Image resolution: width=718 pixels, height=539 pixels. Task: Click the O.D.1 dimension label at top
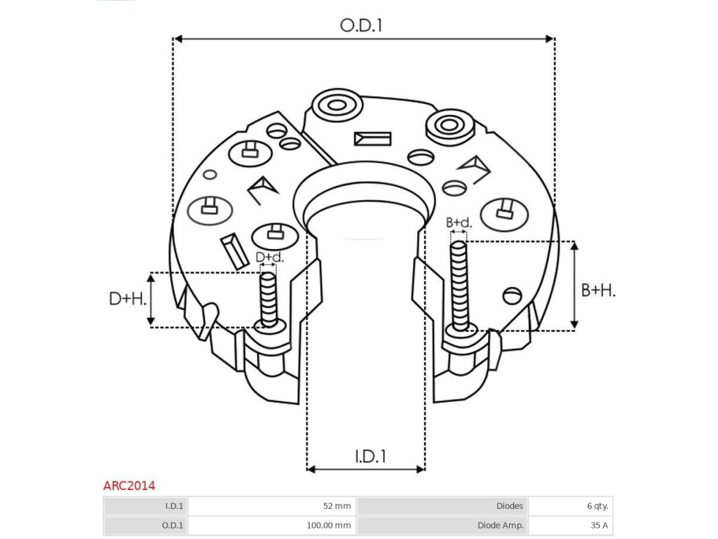[x=363, y=26]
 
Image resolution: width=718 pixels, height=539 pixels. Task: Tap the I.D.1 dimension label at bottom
[x=370, y=456]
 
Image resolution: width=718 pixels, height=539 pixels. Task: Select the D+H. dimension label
[x=128, y=299]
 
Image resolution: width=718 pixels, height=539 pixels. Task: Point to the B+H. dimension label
[x=598, y=290]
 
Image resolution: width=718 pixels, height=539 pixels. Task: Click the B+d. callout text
[x=459, y=223]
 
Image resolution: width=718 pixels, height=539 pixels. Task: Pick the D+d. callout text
[x=269, y=258]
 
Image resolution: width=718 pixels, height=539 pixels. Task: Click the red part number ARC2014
[x=129, y=485]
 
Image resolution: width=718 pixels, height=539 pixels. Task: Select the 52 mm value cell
[x=337, y=505]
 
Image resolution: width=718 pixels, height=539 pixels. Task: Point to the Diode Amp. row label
[x=500, y=524]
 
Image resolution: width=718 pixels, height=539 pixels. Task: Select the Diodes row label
[x=509, y=505]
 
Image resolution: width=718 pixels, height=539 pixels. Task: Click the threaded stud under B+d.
[x=459, y=284]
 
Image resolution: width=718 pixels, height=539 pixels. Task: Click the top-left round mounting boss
[x=337, y=106]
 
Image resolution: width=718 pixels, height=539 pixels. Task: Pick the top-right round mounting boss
[x=449, y=126]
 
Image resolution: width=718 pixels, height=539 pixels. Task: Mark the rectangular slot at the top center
[x=372, y=138]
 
